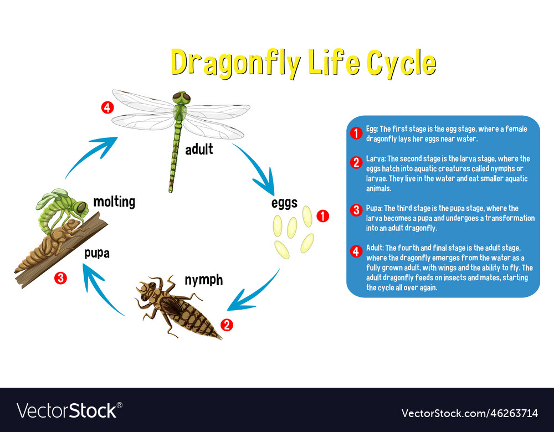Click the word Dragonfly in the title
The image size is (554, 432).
235,63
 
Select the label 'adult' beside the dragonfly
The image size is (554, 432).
199,149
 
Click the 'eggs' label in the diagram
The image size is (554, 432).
284,203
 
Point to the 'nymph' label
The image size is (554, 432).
203,280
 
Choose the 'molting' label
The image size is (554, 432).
114,202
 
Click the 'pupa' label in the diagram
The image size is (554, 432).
97,253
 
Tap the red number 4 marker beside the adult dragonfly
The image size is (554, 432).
107,107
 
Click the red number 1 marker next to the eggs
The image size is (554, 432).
323,217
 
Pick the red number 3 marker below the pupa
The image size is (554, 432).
60,278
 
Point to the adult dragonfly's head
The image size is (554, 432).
181,98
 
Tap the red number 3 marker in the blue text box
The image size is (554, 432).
356,210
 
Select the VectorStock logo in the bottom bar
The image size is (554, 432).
69,410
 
